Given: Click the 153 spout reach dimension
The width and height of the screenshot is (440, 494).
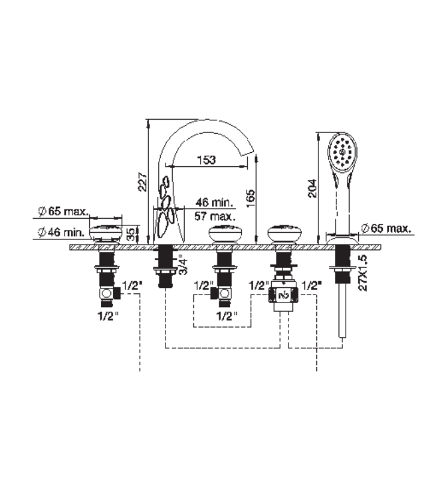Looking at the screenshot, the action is [207, 160].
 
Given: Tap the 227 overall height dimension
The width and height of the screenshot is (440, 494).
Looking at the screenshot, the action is [142, 182].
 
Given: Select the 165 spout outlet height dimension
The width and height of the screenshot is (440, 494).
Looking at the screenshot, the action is [251, 198].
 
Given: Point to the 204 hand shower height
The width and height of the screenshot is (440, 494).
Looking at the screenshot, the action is [312, 188].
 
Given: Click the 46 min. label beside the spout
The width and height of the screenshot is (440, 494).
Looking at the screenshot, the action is [215, 202].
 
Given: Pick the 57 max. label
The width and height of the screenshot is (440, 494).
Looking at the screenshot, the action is [215, 216].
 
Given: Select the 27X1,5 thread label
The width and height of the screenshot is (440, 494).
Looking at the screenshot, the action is [363, 273].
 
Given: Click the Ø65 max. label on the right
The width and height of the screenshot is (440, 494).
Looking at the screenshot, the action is [386, 229].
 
